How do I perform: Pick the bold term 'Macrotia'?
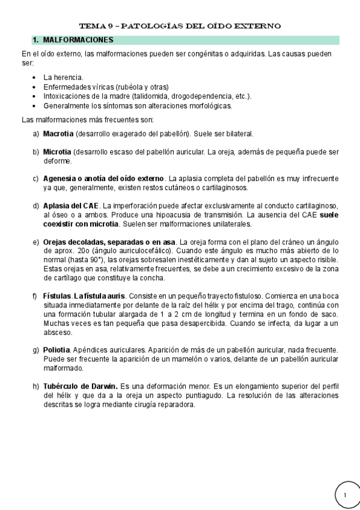pyautogui.click(x=58, y=133)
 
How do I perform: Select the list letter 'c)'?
pyautogui.click(x=35, y=179)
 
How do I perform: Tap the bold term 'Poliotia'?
pyautogui.click(x=56, y=350)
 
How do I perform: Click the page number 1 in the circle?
pyautogui.click(x=346, y=495)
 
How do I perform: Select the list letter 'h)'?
pyautogui.click(x=35, y=386)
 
